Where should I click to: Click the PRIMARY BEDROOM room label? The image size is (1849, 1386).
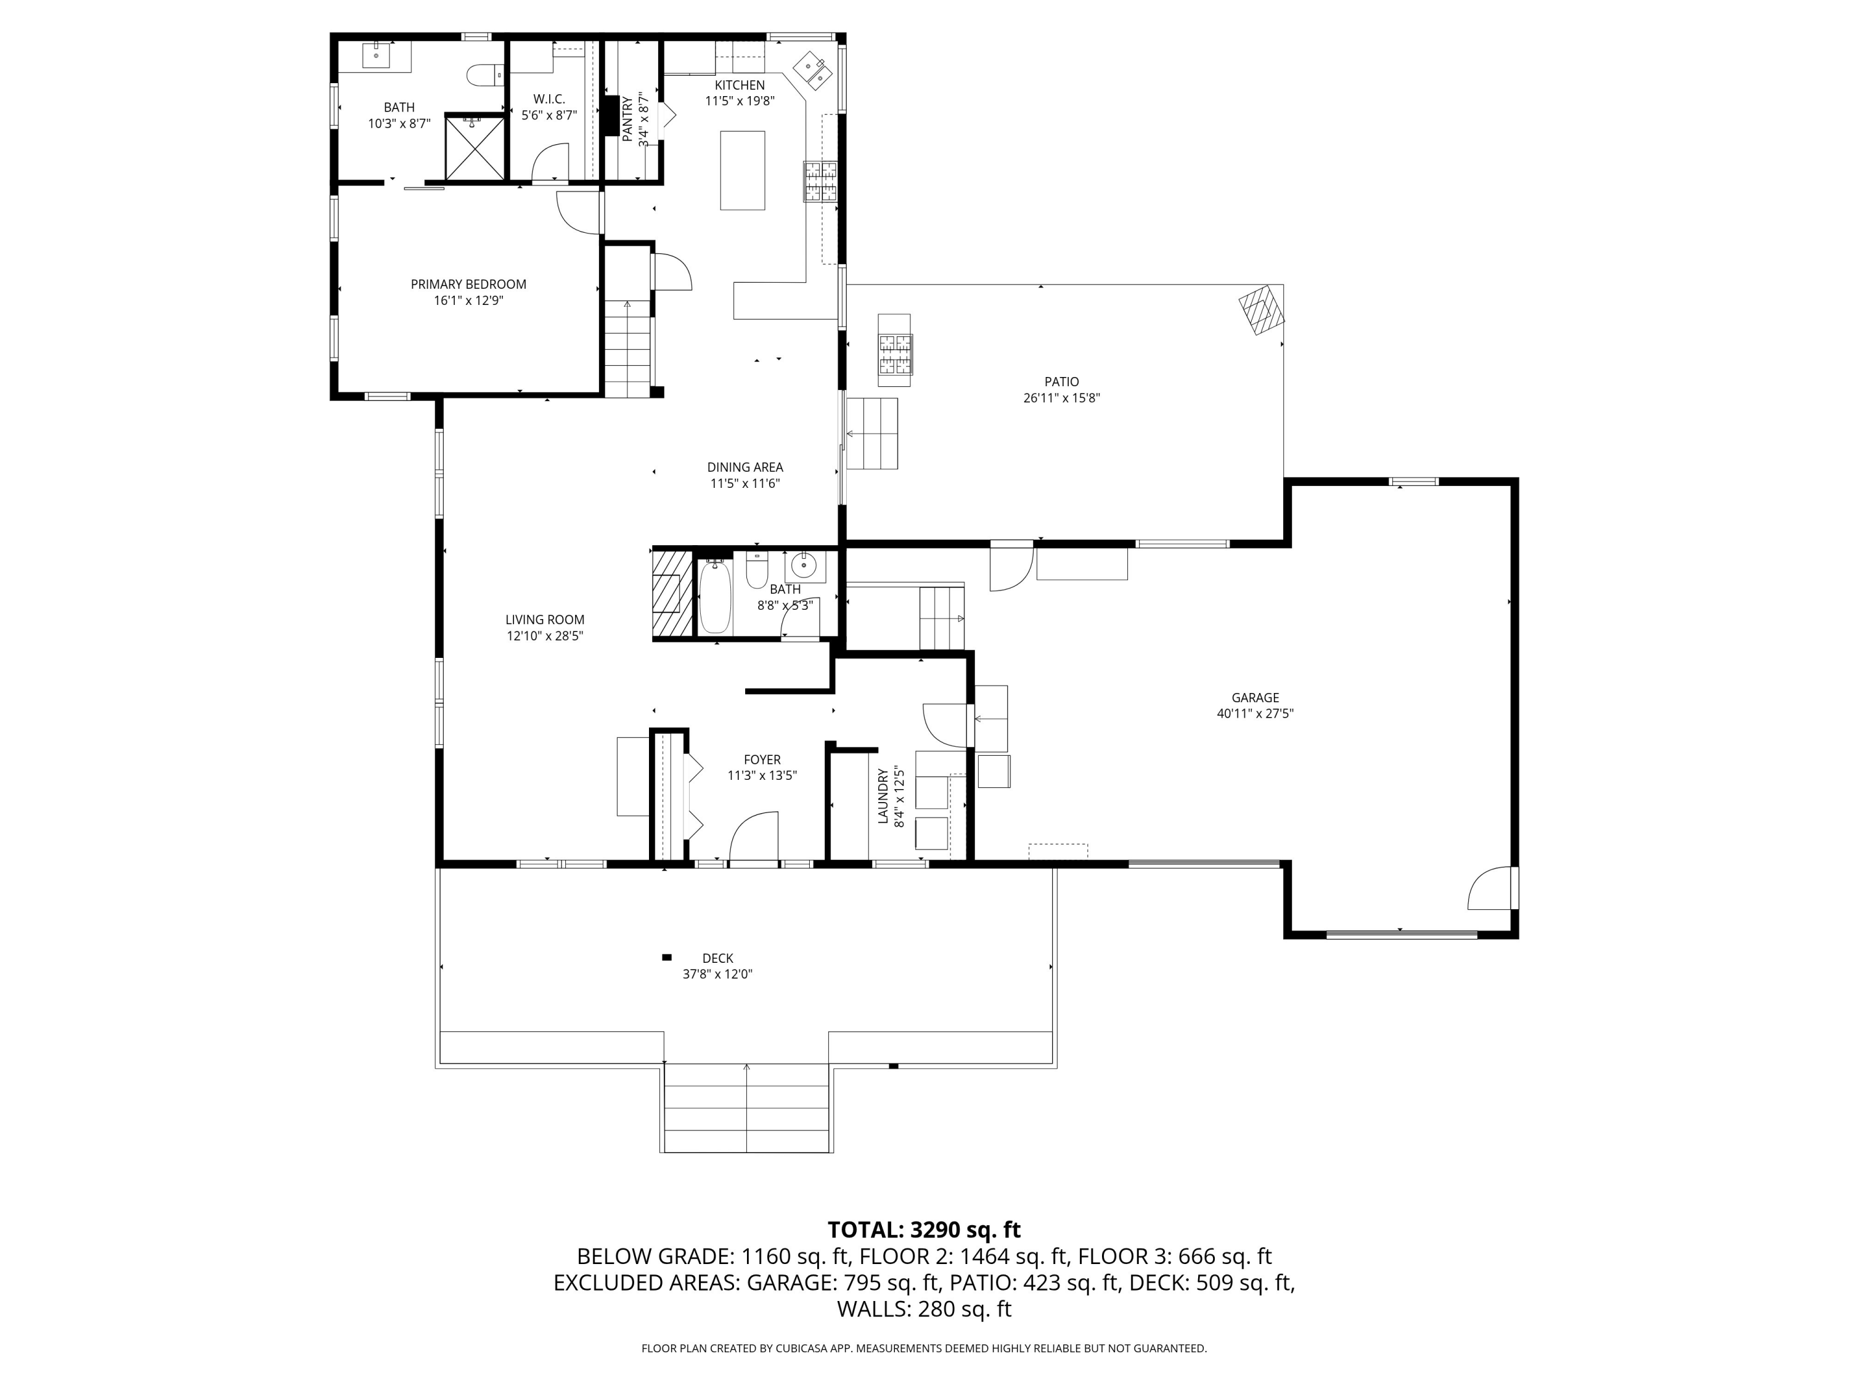[468, 284]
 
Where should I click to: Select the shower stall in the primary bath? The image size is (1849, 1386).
[475, 148]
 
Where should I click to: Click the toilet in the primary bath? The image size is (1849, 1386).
[483, 75]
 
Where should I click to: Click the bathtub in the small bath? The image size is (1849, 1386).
[715, 596]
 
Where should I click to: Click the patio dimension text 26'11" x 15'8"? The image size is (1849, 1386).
[1061, 399]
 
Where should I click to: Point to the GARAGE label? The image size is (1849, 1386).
[1255, 697]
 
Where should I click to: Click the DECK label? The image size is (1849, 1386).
[717, 958]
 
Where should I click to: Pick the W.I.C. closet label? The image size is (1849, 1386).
[549, 99]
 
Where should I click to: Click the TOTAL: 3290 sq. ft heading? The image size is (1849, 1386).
[924, 1230]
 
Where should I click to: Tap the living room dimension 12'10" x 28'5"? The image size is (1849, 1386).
[544, 636]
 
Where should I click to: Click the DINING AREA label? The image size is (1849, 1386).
[745, 467]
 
